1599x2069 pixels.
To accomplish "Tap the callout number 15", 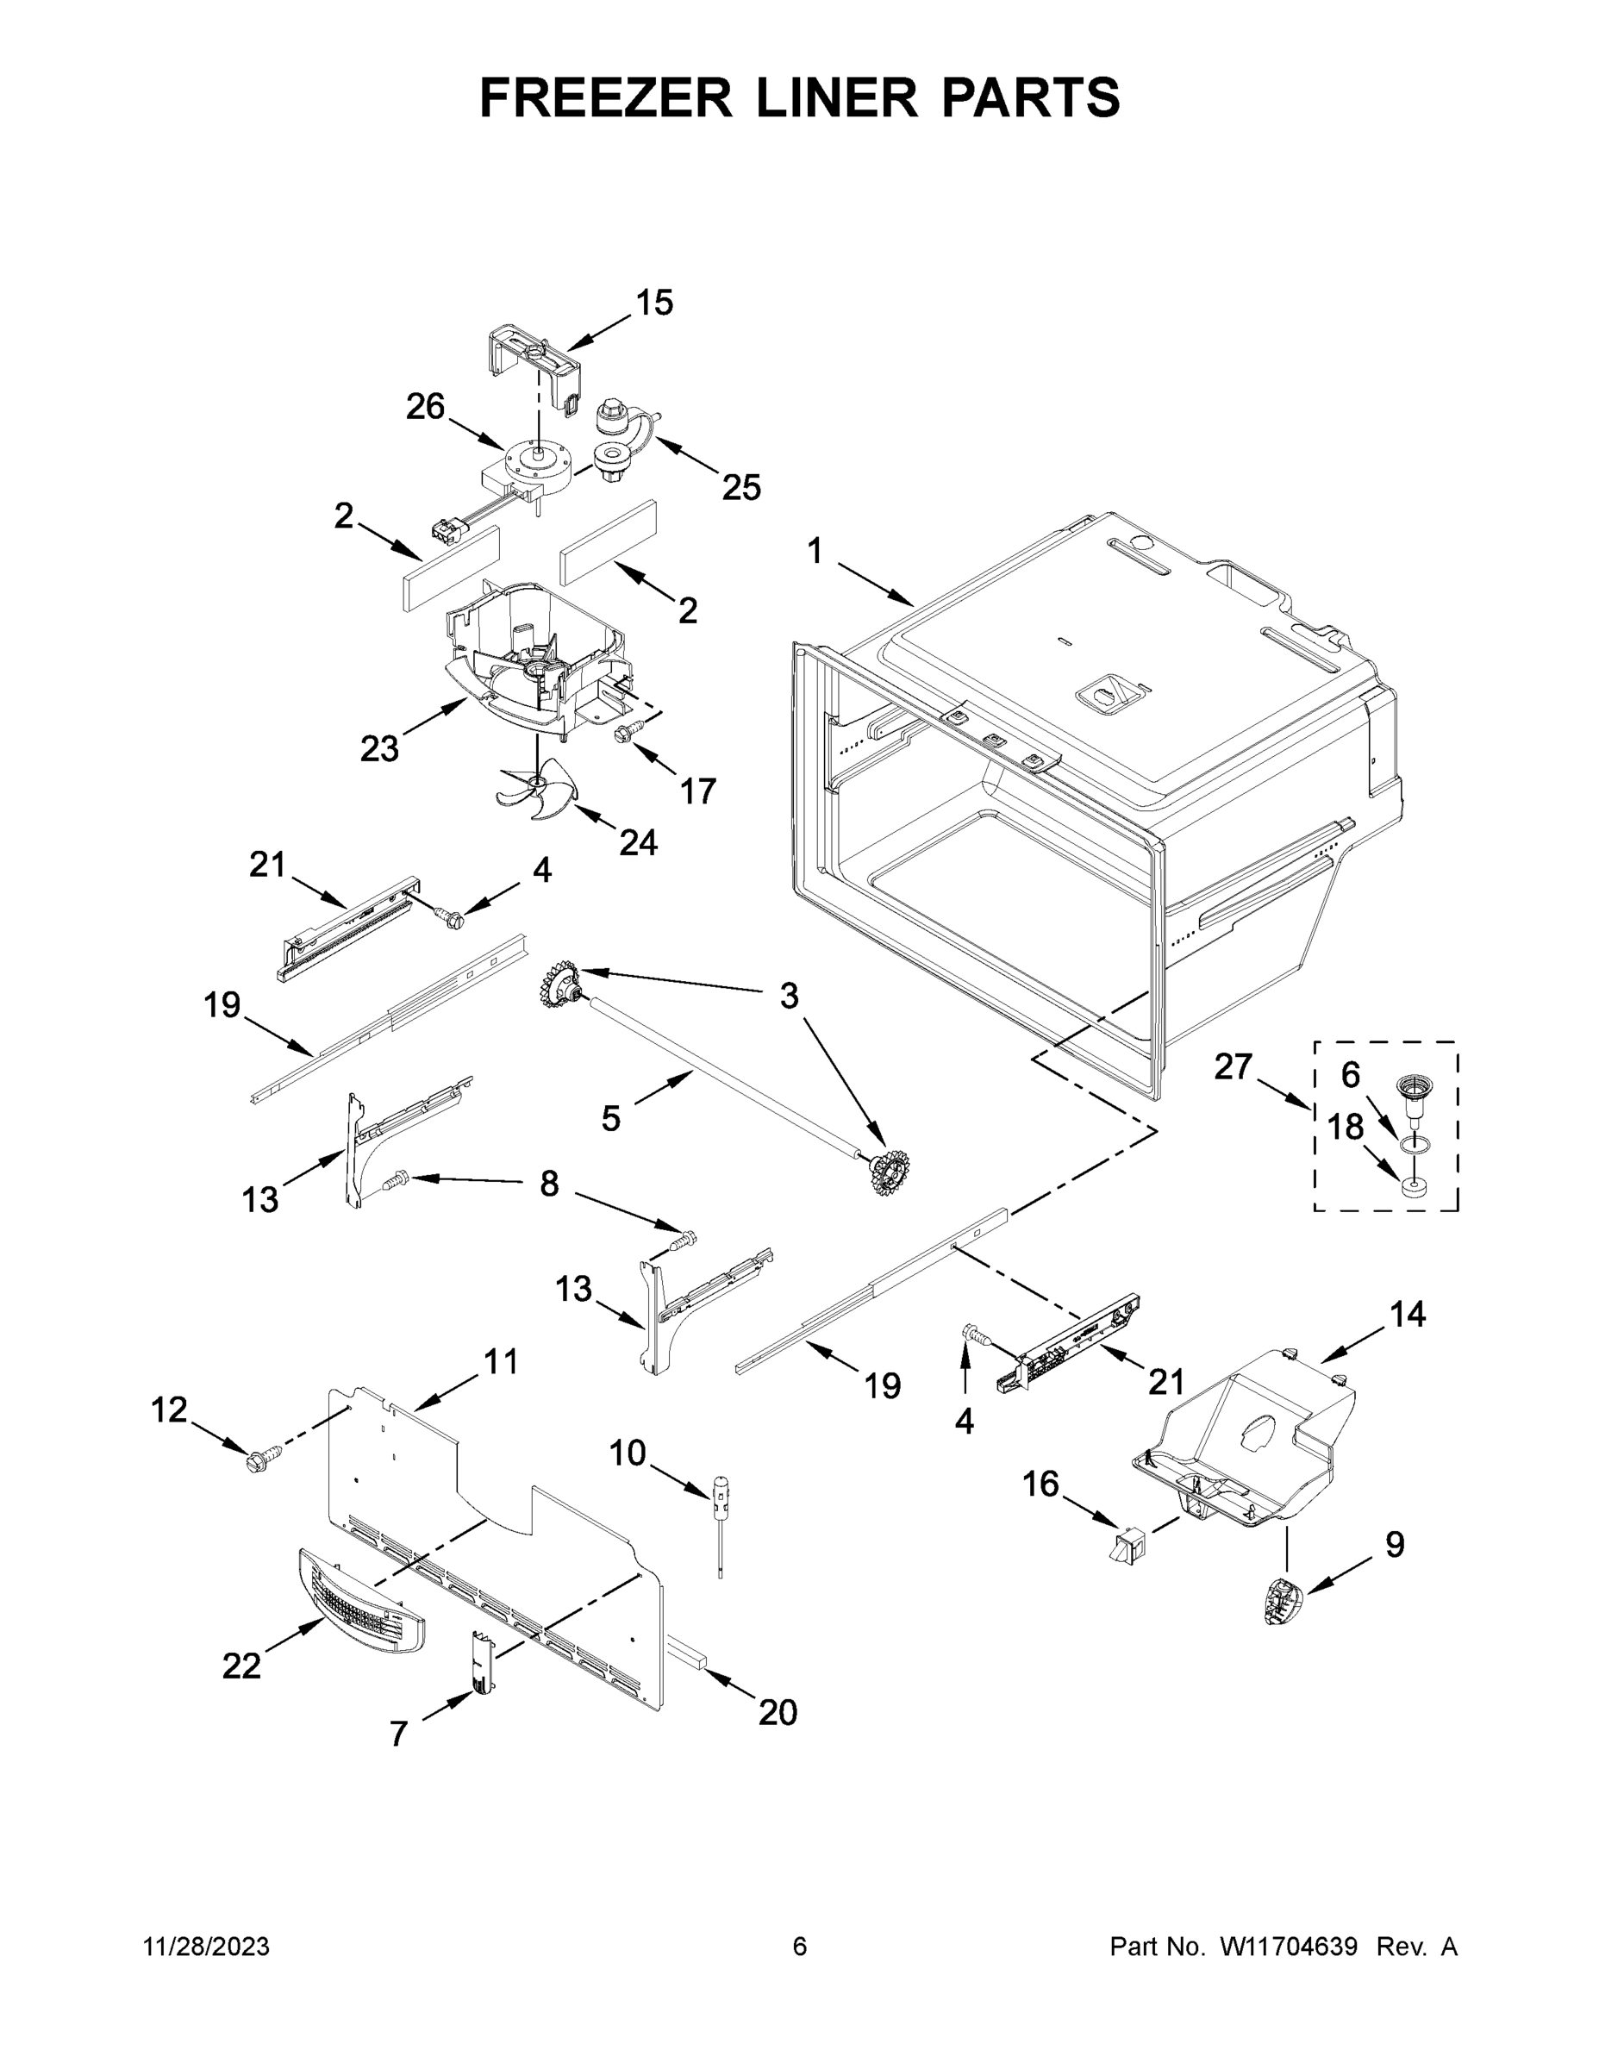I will (653, 303).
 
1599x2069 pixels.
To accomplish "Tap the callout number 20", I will (778, 1712).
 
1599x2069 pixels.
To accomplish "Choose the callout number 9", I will (1395, 1544).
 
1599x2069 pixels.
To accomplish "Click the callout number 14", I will (1408, 1314).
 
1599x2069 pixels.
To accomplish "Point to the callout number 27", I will (1234, 1066).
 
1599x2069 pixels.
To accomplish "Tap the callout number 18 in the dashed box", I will (1345, 1128).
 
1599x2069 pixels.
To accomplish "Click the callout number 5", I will (611, 1119).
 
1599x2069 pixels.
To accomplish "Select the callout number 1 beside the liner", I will (815, 550).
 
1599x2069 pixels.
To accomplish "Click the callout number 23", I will (379, 749).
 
